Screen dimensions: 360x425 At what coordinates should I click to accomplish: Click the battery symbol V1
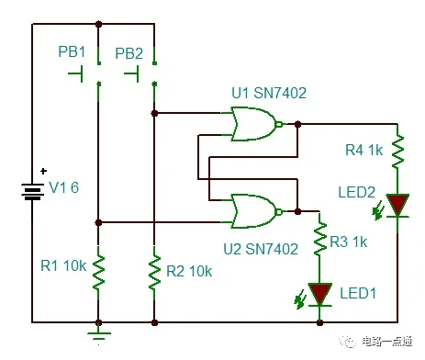click(34, 189)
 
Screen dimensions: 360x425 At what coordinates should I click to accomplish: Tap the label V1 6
click(64, 188)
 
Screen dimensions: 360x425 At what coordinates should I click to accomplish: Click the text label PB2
click(129, 54)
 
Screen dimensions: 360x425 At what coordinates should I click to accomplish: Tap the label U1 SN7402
click(270, 95)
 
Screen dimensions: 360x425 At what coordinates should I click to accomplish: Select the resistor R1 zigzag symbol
click(97, 270)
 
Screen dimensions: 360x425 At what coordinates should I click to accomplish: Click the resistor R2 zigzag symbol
click(155, 270)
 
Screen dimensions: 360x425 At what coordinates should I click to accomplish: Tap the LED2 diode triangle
click(397, 205)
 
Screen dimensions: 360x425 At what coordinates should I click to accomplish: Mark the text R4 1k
click(364, 150)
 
